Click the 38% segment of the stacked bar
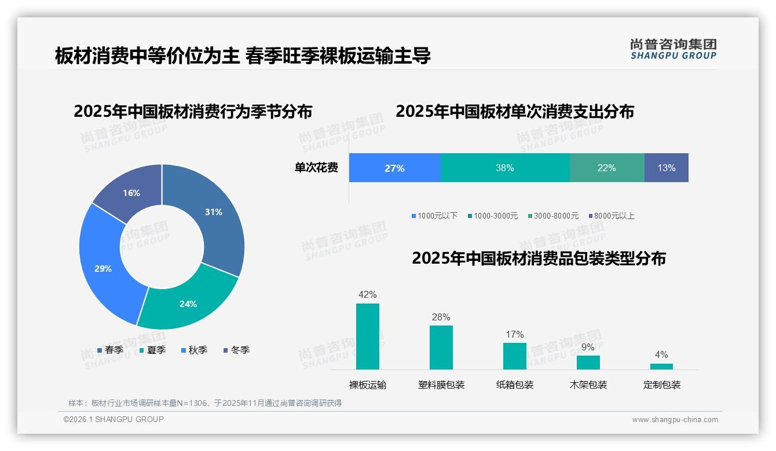click(x=504, y=168)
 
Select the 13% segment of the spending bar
click(x=666, y=168)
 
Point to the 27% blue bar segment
click(x=394, y=168)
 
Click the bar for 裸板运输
click(x=367, y=337)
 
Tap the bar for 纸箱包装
click(x=514, y=356)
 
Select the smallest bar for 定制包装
click(x=661, y=366)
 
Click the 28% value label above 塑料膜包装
click(x=441, y=317)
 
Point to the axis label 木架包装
click(x=588, y=385)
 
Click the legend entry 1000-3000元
click(x=493, y=216)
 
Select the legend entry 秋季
click(x=194, y=350)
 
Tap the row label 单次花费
click(x=316, y=168)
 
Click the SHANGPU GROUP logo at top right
click(x=673, y=49)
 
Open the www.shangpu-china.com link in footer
click(x=675, y=420)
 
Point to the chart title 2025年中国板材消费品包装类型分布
click(x=539, y=258)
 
